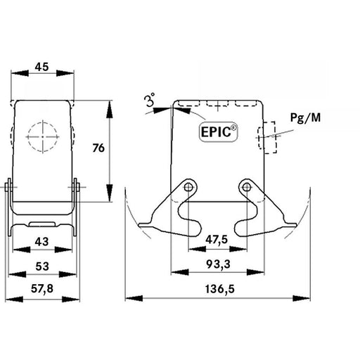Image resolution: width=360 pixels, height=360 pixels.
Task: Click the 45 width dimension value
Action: pyautogui.click(x=41, y=67)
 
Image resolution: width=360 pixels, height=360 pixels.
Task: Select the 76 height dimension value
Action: pyautogui.click(x=98, y=148)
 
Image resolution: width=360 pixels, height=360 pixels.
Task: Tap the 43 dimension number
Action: pyautogui.click(x=41, y=241)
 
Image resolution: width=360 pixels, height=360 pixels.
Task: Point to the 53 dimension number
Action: pyautogui.click(x=42, y=266)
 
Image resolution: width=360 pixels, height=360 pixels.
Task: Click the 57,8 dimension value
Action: pyautogui.click(x=42, y=289)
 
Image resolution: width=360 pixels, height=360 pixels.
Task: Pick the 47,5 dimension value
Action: pyautogui.click(x=217, y=240)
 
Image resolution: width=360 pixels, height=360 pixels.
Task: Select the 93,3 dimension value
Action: pyautogui.click(x=219, y=264)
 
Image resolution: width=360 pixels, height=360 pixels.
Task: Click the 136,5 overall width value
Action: pyautogui.click(x=220, y=289)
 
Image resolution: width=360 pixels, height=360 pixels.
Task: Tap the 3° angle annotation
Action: pyautogui.click(x=150, y=100)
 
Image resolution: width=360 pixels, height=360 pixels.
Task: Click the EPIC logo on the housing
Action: pyautogui.click(x=219, y=131)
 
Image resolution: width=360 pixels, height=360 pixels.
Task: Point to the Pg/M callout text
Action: pyautogui.click(x=305, y=117)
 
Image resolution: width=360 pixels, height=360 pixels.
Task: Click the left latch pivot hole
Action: pyautogui.click(x=188, y=187)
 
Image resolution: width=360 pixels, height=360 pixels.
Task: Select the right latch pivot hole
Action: pyautogui.click(x=246, y=187)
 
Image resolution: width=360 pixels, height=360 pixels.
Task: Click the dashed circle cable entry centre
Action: pyautogui.click(x=42, y=136)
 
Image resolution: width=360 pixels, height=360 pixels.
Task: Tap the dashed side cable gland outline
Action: pyautogui.click(x=267, y=138)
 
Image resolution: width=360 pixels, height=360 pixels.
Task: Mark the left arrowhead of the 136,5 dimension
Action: pyautogui.click(x=134, y=298)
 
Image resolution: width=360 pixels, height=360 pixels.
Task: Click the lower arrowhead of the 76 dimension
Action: pyautogui.click(x=110, y=193)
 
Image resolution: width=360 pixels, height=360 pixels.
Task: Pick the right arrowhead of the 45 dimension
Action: pyautogui.click(x=65, y=73)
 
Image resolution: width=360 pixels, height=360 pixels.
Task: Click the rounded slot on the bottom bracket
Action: pyautogui.click(x=42, y=224)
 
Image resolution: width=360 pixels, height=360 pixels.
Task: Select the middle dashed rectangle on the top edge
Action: pyautogui.click(x=218, y=103)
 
